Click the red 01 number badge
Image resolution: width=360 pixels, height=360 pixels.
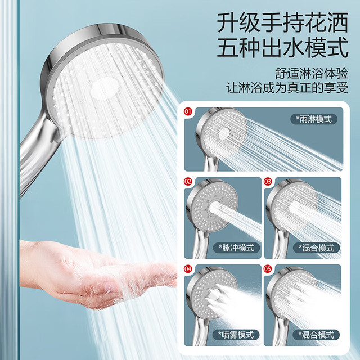click(x=187, y=112)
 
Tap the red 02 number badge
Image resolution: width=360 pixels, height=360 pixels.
click(x=187, y=182)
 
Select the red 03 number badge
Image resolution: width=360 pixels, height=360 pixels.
click(x=268, y=182)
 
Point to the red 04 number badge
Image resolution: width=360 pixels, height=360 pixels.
click(x=187, y=269)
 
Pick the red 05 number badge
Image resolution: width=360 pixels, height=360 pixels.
click(x=268, y=269)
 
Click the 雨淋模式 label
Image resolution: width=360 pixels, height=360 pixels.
click(x=314, y=119)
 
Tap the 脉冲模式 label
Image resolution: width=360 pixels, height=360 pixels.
click(x=237, y=248)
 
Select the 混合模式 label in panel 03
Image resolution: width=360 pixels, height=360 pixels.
click(x=316, y=248)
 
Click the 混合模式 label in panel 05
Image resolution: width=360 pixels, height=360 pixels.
click(x=316, y=335)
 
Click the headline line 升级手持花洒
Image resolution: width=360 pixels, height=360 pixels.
click(x=282, y=23)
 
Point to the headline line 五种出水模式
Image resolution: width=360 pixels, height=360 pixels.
click(x=282, y=47)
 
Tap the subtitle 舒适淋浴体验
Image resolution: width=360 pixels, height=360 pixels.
click(x=312, y=73)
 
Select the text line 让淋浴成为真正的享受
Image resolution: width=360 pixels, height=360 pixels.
click(x=287, y=88)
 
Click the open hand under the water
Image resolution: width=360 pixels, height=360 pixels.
click(x=96, y=273)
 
